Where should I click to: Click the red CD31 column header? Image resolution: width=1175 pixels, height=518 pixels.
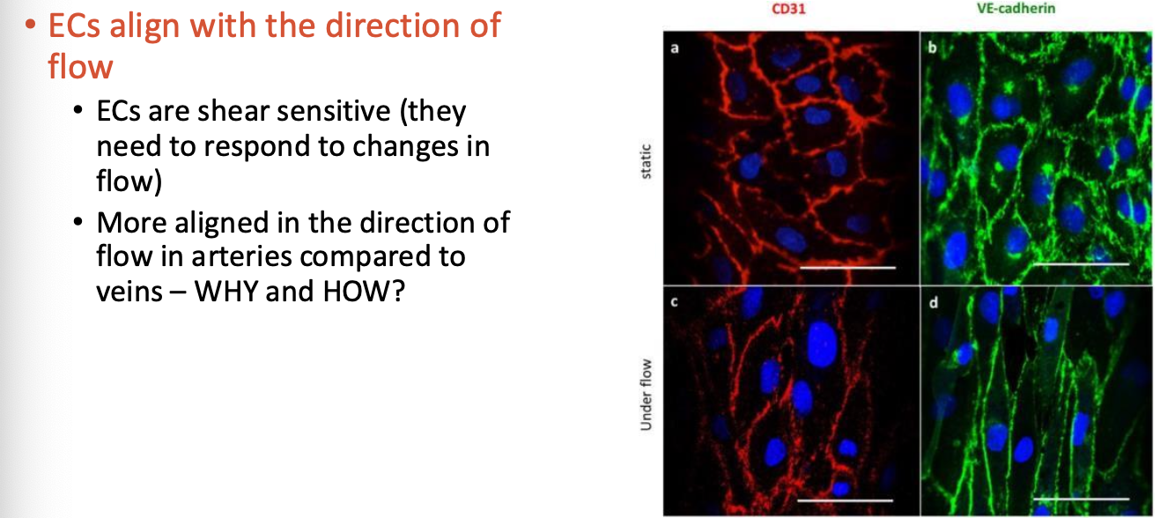click(788, 9)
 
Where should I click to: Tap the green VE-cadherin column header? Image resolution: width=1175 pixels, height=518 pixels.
click(1016, 8)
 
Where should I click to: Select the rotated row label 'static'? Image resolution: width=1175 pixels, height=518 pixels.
click(647, 161)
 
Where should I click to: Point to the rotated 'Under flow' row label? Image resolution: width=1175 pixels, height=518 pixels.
click(647, 396)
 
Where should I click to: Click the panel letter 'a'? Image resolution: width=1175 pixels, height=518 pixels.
click(675, 48)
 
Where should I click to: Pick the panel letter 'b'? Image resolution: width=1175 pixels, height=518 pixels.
click(932, 48)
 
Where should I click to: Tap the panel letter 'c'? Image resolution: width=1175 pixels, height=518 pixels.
click(674, 302)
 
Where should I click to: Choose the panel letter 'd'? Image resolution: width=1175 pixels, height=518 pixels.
click(933, 302)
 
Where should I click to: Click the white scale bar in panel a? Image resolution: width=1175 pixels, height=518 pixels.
click(847, 268)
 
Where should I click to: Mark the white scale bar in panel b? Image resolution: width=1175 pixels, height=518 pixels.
click(1081, 264)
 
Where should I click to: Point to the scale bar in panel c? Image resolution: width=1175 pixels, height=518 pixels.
click(845, 500)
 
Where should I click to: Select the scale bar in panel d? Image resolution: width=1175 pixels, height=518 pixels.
click(1081, 499)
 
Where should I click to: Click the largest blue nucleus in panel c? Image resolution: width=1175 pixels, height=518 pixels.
click(822, 344)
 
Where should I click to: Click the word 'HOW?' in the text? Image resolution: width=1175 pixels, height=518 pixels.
click(364, 292)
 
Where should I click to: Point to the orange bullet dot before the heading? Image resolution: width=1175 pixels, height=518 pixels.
click(31, 24)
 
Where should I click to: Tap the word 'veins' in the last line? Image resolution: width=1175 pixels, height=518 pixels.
click(129, 292)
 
